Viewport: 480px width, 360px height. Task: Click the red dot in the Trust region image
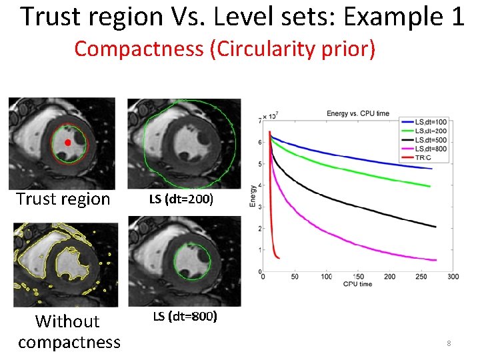[x=67, y=143]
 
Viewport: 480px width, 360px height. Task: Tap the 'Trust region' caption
[x=63, y=199]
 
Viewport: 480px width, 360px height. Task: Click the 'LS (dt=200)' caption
[x=181, y=199]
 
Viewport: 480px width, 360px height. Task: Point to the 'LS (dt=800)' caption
[x=185, y=316]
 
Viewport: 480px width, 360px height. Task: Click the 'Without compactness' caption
[x=69, y=331]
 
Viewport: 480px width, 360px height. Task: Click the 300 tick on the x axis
[x=453, y=277]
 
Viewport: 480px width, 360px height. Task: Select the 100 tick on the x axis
[x=326, y=277]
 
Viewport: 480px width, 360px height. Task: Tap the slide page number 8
[x=449, y=343]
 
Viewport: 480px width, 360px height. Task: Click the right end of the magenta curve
[x=436, y=260]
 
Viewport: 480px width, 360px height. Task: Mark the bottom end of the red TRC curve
[x=279, y=258]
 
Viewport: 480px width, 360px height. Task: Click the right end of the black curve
[x=436, y=227]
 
